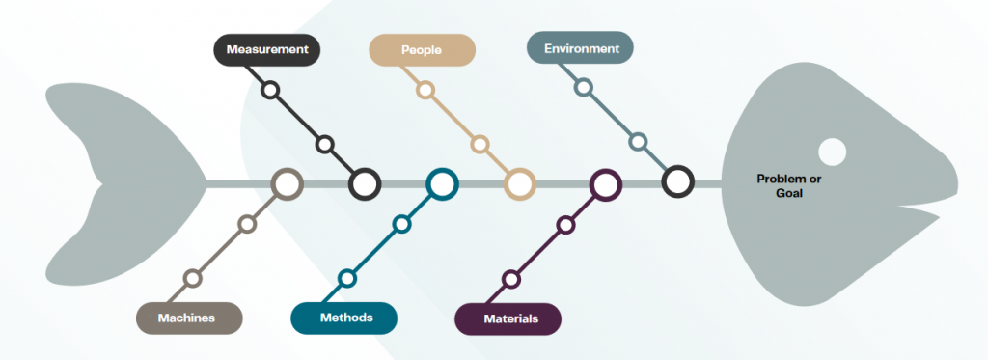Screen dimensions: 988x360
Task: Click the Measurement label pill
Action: tap(267, 50)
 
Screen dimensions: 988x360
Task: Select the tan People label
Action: tap(423, 50)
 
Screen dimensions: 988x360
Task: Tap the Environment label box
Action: tap(580, 48)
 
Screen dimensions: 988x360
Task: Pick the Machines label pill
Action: tap(190, 318)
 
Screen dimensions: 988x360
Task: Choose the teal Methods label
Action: tap(344, 318)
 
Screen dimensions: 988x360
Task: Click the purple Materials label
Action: tap(508, 319)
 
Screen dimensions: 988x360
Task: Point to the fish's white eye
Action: tap(832, 152)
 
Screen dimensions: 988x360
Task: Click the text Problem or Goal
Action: tap(789, 186)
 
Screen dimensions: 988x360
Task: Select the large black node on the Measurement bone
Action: tap(364, 184)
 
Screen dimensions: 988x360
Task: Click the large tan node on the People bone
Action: tap(520, 184)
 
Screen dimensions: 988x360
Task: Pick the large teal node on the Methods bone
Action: tap(442, 184)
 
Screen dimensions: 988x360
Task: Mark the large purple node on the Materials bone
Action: tap(606, 184)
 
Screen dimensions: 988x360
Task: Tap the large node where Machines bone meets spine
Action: tap(287, 184)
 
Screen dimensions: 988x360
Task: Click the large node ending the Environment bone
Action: tap(678, 180)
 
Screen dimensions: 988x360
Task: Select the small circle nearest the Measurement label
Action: tap(270, 90)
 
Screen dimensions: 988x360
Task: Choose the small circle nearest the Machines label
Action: tap(192, 278)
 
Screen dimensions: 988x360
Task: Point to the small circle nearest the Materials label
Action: tap(511, 279)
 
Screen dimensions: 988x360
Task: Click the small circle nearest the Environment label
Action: tap(584, 87)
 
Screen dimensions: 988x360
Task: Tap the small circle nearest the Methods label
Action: tap(347, 278)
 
